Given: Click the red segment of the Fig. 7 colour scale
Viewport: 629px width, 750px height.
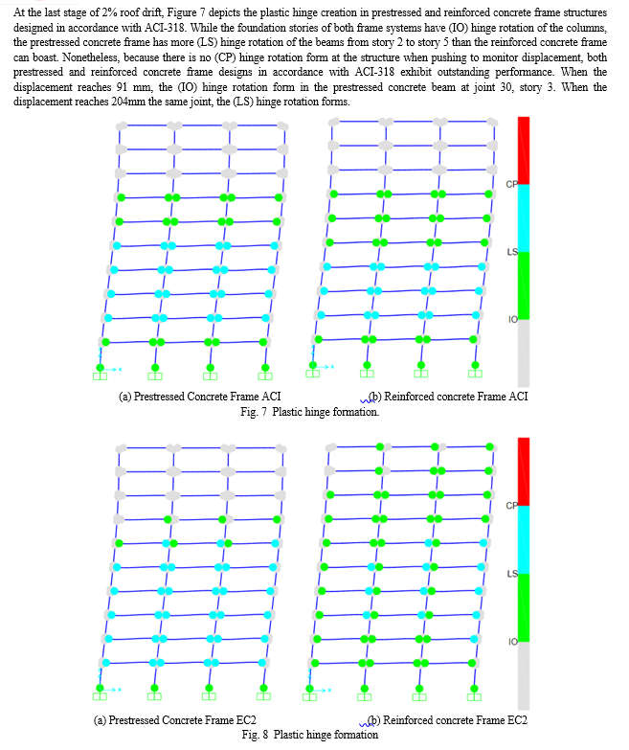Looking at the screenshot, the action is tap(524, 150).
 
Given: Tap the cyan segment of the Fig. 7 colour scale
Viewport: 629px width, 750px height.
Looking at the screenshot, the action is tap(524, 218).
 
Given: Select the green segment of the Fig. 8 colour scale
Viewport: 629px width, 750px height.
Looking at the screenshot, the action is tap(524, 607).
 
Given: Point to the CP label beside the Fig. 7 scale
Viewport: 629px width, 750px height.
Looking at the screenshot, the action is tap(511, 184).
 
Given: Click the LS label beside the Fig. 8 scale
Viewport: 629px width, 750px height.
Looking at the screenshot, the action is tap(512, 574).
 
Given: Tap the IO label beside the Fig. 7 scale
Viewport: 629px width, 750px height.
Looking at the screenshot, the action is tap(513, 320).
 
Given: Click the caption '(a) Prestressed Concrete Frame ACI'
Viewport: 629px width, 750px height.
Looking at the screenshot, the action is tap(200, 397).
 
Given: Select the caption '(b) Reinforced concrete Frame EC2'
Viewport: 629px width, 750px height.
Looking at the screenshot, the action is tap(449, 720).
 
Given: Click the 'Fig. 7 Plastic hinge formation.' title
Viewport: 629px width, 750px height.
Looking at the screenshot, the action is tap(310, 412).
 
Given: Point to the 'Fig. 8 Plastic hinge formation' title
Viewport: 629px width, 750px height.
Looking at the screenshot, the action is tap(310, 735).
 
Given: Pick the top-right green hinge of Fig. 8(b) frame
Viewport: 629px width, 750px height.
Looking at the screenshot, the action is tap(489, 446).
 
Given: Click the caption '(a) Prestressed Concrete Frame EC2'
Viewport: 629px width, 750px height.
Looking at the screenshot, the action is tap(175, 720).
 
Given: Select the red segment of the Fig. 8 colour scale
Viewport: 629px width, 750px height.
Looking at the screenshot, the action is tap(524, 471).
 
